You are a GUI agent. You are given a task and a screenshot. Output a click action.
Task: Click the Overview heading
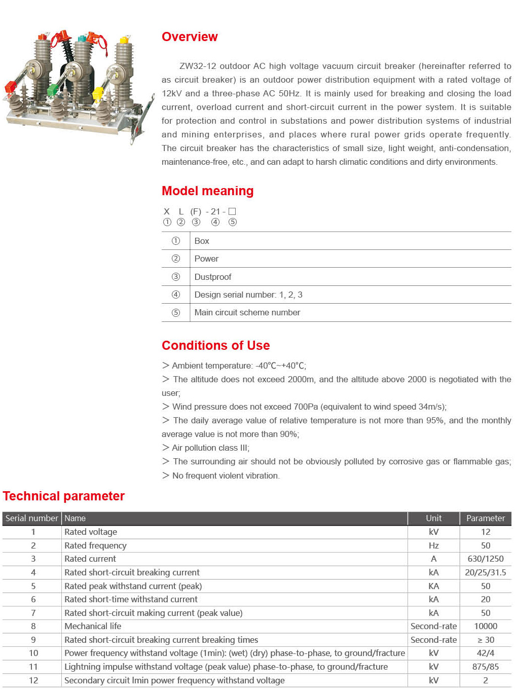[190, 37]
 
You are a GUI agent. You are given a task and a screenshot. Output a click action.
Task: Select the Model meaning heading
[207, 191]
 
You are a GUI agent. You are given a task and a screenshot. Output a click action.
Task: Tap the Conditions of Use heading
[215, 346]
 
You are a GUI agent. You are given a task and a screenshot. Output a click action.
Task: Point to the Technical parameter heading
[64, 496]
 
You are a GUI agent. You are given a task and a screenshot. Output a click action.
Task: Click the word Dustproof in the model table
[213, 277]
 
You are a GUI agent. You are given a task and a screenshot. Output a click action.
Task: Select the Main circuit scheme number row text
[247, 313]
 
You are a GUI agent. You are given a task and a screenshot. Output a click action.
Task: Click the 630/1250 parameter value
[485, 559]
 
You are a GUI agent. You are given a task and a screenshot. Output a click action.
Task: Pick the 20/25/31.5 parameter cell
[485, 572]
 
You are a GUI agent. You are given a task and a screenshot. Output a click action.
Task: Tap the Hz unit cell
[433, 545]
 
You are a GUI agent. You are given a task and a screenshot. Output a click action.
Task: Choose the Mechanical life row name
[93, 626]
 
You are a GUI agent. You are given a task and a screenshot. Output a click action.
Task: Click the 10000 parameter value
[485, 626]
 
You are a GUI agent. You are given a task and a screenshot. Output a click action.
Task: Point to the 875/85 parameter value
[485, 667]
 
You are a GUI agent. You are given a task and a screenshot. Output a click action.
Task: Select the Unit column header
[433, 518]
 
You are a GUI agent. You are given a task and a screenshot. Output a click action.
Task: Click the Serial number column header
[32, 518]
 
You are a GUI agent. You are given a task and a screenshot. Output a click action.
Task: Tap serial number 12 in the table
[33, 680]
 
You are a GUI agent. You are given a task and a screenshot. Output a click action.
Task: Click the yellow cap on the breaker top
[124, 40]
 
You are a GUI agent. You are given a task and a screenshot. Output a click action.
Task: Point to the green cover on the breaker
[53, 91]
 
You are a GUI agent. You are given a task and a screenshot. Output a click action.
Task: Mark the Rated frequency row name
[95, 545]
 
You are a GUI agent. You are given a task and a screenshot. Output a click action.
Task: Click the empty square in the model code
[232, 211]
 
